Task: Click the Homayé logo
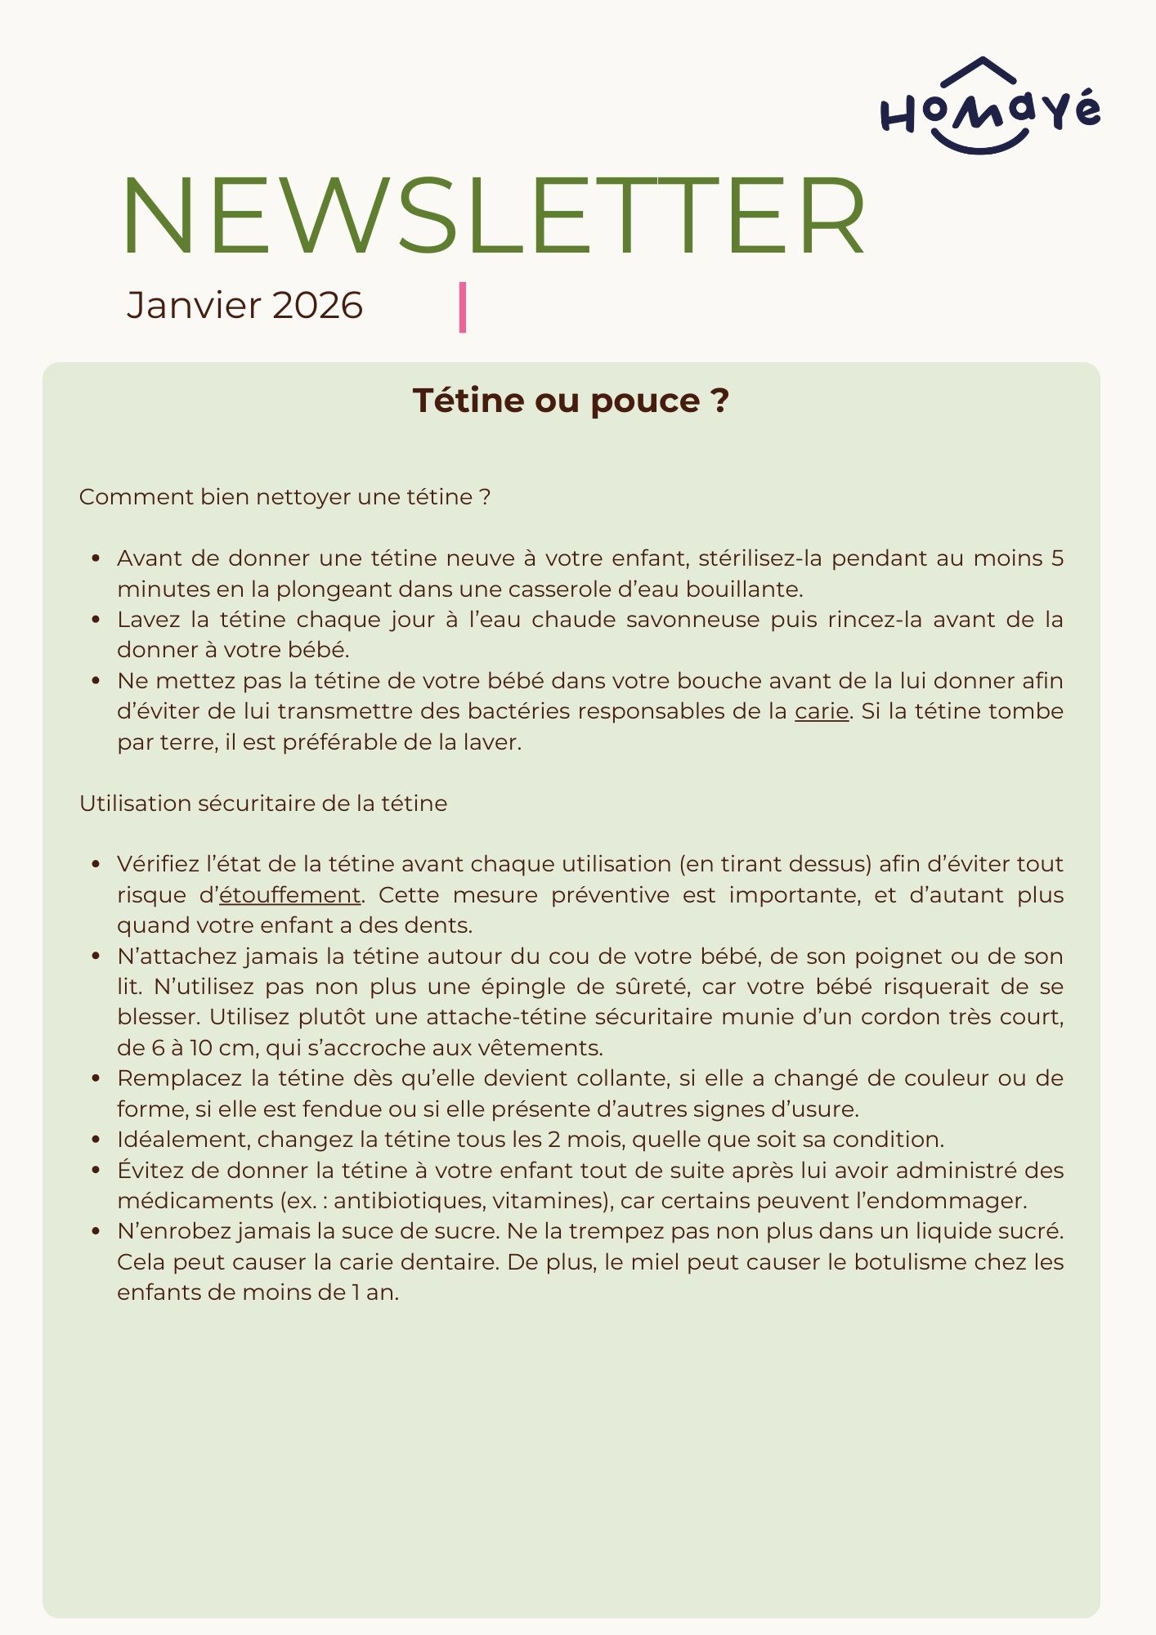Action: click(x=989, y=106)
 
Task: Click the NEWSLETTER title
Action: click(x=493, y=217)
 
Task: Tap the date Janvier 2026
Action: click(x=244, y=306)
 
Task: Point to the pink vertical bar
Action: click(x=463, y=307)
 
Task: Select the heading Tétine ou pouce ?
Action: click(x=571, y=401)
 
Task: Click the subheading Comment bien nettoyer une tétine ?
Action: click(x=285, y=497)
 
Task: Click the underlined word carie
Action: click(x=821, y=711)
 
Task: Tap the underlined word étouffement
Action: click(x=289, y=895)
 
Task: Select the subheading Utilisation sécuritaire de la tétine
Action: click(x=263, y=804)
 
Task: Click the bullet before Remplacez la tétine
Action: click(x=96, y=1079)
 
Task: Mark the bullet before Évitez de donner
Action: click(x=96, y=1171)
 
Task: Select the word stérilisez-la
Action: click(x=758, y=558)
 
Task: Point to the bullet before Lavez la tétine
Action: click(x=96, y=620)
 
